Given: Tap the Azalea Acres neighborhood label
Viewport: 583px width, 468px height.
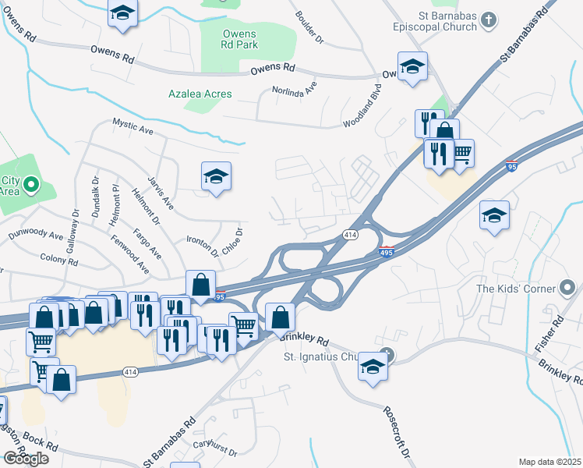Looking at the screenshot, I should click(x=200, y=94).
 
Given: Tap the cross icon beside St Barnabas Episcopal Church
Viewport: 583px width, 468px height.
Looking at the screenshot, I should click(x=489, y=18).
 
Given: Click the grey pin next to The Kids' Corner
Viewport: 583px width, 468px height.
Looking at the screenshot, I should click(x=568, y=289).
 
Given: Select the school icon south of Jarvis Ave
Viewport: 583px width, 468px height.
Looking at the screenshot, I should click(x=217, y=176).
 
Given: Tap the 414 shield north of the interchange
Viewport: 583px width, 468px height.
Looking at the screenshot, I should click(x=351, y=235).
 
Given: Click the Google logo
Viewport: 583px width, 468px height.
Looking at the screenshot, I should click(x=26, y=458).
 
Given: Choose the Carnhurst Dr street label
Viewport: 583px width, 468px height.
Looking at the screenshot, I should click(x=214, y=447).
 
